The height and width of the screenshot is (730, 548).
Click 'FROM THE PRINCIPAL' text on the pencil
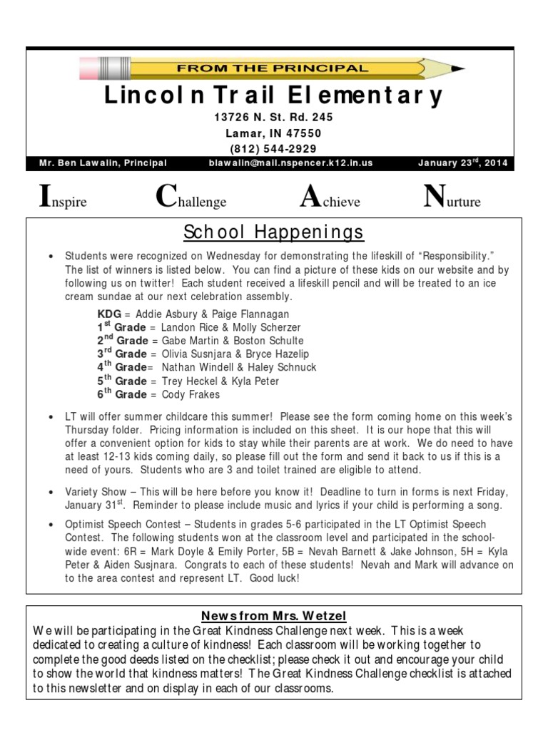(x=273, y=69)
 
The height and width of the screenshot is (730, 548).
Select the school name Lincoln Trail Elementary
(x=273, y=96)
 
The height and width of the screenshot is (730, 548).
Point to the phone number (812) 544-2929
(x=273, y=148)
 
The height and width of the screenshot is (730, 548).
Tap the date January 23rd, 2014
(x=462, y=163)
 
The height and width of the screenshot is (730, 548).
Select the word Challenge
(x=191, y=200)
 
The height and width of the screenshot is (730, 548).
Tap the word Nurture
(x=452, y=200)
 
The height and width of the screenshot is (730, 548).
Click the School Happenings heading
(x=273, y=232)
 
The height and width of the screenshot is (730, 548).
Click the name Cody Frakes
(x=191, y=394)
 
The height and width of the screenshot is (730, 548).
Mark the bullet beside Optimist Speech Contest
(x=51, y=524)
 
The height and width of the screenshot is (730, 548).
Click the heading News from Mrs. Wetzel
(x=273, y=616)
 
